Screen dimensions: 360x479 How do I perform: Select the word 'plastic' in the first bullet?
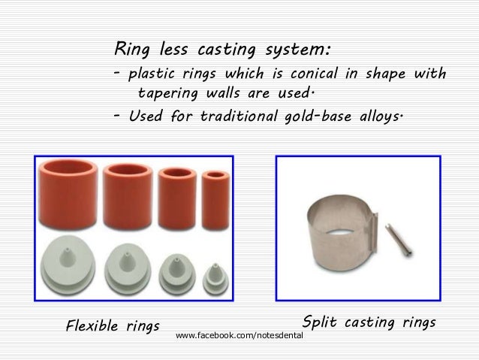(153, 76)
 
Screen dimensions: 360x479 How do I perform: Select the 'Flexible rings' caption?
(113, 326)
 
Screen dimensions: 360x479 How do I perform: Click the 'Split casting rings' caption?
(369, 322)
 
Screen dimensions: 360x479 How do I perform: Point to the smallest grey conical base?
(212, 271)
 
